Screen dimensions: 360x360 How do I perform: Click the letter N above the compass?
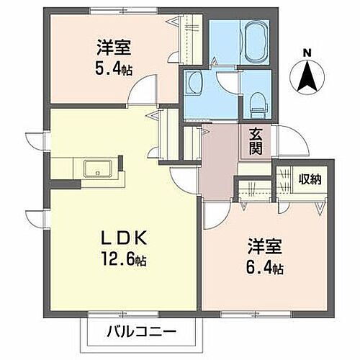coord(307,52)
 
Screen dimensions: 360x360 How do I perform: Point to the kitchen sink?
coord(96,169)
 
